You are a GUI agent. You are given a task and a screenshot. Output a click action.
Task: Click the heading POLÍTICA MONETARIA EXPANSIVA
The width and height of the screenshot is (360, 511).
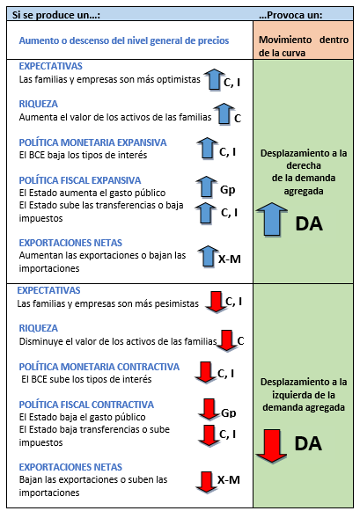click(x=92, y=142)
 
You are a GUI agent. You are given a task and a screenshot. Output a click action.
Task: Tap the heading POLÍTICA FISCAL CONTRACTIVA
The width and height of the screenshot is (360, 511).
click(x=86, y=405)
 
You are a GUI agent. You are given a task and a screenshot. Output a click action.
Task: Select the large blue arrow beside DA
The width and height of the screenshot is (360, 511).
click(x=272, y=219)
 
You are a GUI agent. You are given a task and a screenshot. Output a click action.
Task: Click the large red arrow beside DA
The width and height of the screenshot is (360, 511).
click(x=272, y=446)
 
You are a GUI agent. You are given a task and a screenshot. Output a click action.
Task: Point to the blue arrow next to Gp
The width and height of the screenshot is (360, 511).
click(x=207, y=186)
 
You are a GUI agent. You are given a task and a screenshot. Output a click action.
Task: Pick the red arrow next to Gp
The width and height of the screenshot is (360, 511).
click(x=209, y=409)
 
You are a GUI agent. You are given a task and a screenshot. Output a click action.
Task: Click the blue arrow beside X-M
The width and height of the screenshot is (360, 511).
click(x=208, y=257)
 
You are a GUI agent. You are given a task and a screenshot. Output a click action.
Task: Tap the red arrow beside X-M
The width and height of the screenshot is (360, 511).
click(x=207, y=482)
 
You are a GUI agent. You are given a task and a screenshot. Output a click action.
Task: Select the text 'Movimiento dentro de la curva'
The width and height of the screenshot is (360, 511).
click(x=304, y=46)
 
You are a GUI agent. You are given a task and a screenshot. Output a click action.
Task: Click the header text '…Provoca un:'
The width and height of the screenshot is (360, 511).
click(x=290, y=15)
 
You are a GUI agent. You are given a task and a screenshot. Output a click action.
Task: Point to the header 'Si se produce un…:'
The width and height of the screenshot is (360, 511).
click(x=56, y=15)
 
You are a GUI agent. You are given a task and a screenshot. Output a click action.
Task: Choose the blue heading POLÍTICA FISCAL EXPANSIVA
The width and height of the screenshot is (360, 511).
click(x=80, y=180)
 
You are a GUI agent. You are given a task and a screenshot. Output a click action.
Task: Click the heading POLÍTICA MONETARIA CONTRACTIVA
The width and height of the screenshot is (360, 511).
click(x=99, y=367)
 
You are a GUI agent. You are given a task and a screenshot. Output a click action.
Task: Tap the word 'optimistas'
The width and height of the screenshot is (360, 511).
click(x=179, y=79)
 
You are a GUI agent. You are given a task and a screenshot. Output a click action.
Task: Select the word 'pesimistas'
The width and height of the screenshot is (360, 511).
click(x=176, y=303)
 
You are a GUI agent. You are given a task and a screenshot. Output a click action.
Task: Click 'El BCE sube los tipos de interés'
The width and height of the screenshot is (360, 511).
click(x=86, y=379)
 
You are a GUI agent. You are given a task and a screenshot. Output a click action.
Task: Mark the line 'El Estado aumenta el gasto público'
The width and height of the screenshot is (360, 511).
click(x=92, y=193)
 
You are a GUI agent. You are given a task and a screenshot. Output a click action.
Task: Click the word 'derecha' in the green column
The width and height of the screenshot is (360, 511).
click(x=304, y=165)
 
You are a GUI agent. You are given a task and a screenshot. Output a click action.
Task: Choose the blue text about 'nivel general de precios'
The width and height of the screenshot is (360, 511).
click(x=124, y=40)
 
